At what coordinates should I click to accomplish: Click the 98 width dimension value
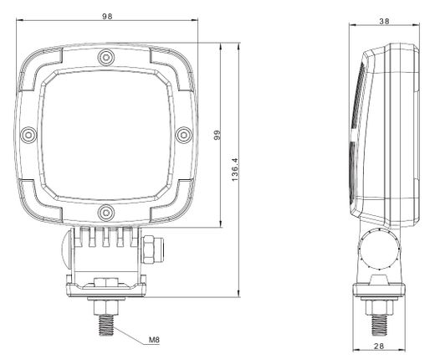click(107, 17)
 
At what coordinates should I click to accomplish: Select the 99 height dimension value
click(217, 135)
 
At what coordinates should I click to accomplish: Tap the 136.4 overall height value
click(235, 169)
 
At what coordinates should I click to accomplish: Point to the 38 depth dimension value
click(384, 21)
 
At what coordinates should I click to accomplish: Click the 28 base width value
click(379, 346)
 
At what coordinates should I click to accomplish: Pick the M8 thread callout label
click(154, 340)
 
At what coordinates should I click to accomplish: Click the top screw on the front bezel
click(106, 58)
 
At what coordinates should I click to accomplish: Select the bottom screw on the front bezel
click(106, 213)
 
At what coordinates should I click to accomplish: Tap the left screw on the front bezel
click(28, 135)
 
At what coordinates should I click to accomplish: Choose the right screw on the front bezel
click(183, 135)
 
